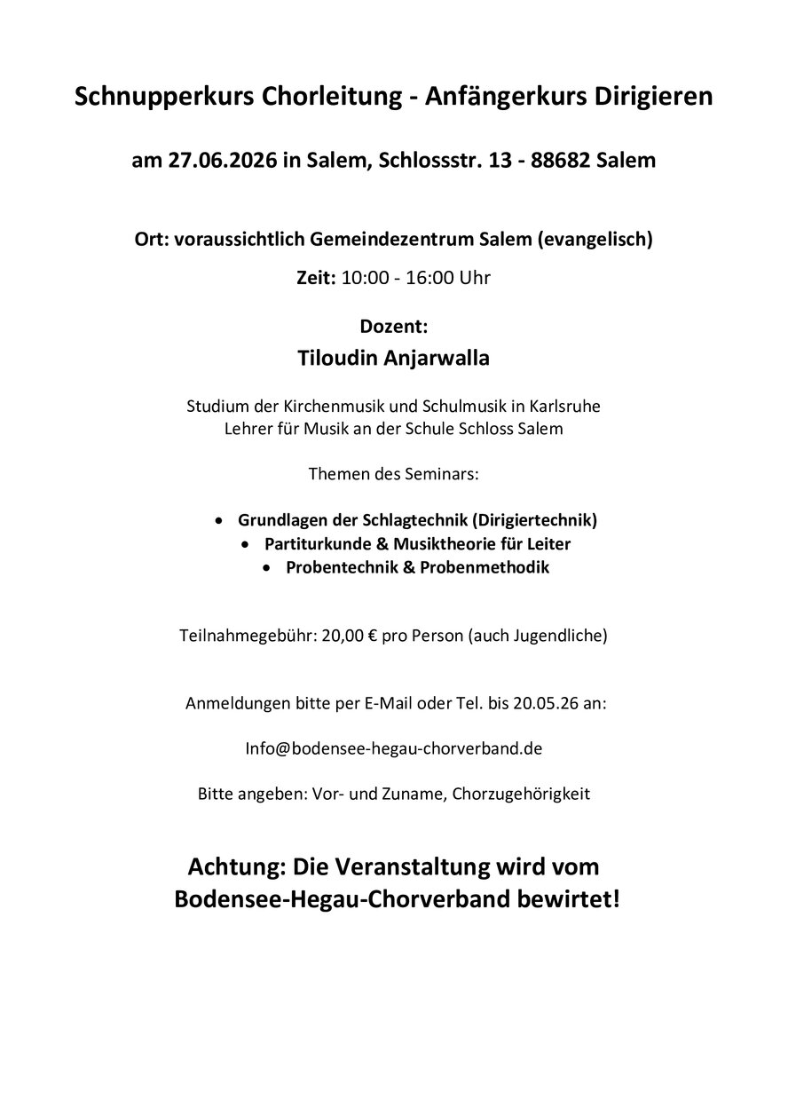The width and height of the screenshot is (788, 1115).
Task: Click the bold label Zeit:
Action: click(x=316, y=278)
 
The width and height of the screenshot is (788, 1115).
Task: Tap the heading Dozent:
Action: click(x=393, y=327)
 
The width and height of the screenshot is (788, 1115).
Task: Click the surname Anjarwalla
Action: click(x=438, y=359)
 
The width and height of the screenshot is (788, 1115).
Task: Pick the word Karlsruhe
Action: click(x=564, y=407)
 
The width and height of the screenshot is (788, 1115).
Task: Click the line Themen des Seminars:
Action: click(x=393, y=474)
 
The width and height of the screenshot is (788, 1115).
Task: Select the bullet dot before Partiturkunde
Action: click(x=247, y=543)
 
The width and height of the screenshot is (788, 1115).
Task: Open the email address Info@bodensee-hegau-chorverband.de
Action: click(x=393, y=748)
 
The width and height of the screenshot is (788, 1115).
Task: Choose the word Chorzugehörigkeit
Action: click(x=521, y=794)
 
